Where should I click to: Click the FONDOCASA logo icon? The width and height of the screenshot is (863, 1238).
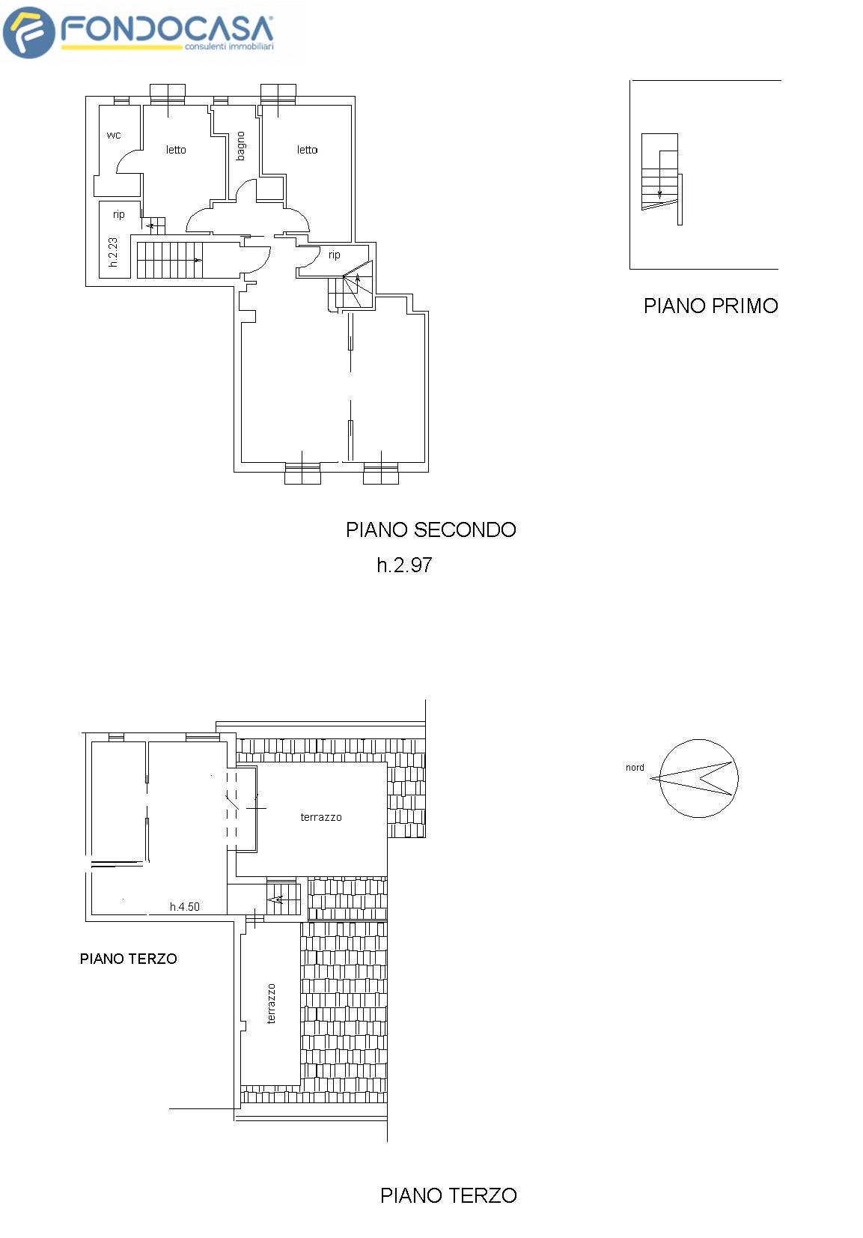[28, 32]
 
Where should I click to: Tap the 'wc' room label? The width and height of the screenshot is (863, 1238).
[114, 135]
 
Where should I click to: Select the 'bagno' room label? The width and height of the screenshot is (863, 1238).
[241, 146]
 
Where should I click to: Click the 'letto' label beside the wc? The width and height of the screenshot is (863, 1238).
[176, 150]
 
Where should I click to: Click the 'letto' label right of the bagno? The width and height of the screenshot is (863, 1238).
[307, 150]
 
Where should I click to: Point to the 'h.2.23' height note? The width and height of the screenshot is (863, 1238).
[113, 252]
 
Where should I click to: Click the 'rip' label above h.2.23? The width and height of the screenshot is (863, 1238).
[119, 214]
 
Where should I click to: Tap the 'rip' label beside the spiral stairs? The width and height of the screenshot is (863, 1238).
[335, 255]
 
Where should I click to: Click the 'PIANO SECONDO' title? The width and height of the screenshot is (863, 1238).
[430, 530]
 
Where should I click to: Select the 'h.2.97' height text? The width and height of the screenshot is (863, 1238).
[404, 565]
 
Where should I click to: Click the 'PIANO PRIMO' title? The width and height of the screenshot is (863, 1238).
[710, 306]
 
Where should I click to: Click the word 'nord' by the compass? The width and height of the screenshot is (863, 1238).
[635, 768]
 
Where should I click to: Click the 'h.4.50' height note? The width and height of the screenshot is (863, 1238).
[185, 907]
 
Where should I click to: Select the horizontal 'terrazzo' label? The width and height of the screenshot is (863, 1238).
[321, 817]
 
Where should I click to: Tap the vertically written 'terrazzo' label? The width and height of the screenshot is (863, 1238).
[271, 1004]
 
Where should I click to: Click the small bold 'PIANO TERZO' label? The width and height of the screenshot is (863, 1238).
[129, 959]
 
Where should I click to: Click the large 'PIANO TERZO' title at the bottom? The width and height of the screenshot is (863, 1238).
[448, 1195]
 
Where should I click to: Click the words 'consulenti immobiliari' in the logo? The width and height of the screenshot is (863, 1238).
[229, 46]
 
